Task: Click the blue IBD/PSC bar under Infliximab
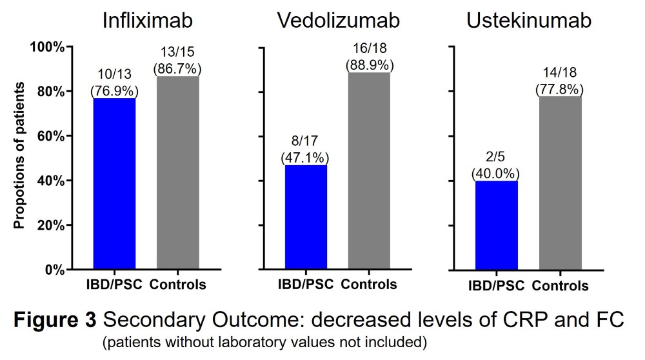[x=114, y=183]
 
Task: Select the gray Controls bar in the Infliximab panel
[x=177, y=172]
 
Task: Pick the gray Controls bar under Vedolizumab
[x=369, y=170]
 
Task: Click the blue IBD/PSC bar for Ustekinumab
[x=496, y=225]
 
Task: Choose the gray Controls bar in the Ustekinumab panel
[x=560, y=183]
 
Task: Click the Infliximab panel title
[x=148, y=21]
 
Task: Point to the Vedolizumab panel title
[x=338, y=21]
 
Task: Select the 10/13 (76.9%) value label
[x=114, y=83]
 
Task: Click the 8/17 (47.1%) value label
[x=304, y=149]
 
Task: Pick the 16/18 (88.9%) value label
[x=370, y=57]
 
